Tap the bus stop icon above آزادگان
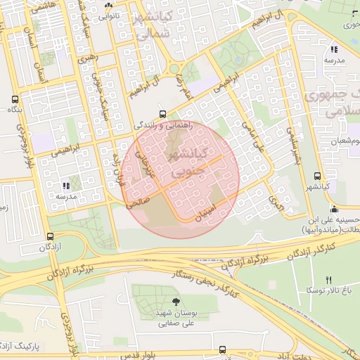50,237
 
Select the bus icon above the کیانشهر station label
317,176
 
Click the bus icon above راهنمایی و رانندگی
163,113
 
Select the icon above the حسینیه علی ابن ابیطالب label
333,209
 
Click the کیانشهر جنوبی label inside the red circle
184,161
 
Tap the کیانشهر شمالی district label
152,24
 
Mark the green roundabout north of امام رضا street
173,68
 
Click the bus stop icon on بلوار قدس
223,349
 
